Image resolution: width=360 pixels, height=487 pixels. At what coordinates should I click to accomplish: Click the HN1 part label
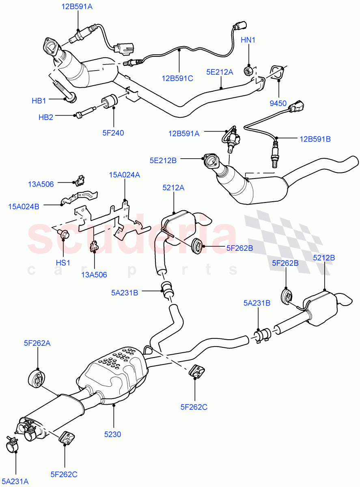click(x=248, y=40)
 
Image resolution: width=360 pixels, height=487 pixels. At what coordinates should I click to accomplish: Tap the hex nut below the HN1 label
click(x=248, y=71)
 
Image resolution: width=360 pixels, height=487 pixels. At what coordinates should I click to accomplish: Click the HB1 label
click(x=40, y=100)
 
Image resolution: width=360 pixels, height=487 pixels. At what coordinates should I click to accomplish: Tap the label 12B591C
click(x=177, y=78)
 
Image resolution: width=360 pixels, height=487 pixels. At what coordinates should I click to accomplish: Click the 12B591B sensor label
click(x=315, y=139)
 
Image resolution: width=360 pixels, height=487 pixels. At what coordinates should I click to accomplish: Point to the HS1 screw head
click(x=64, y=234)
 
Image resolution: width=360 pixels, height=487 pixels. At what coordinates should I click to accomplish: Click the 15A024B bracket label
click(x=24, y=206)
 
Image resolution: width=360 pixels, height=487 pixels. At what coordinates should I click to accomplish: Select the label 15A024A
click(x=124, y=175)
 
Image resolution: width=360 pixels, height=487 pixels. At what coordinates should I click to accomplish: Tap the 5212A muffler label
click(x=173, y=187)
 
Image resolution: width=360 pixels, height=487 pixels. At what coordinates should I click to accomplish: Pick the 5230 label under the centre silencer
click(x=113, y=434)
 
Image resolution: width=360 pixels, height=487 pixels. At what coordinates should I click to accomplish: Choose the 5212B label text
click(x=324, y=257)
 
